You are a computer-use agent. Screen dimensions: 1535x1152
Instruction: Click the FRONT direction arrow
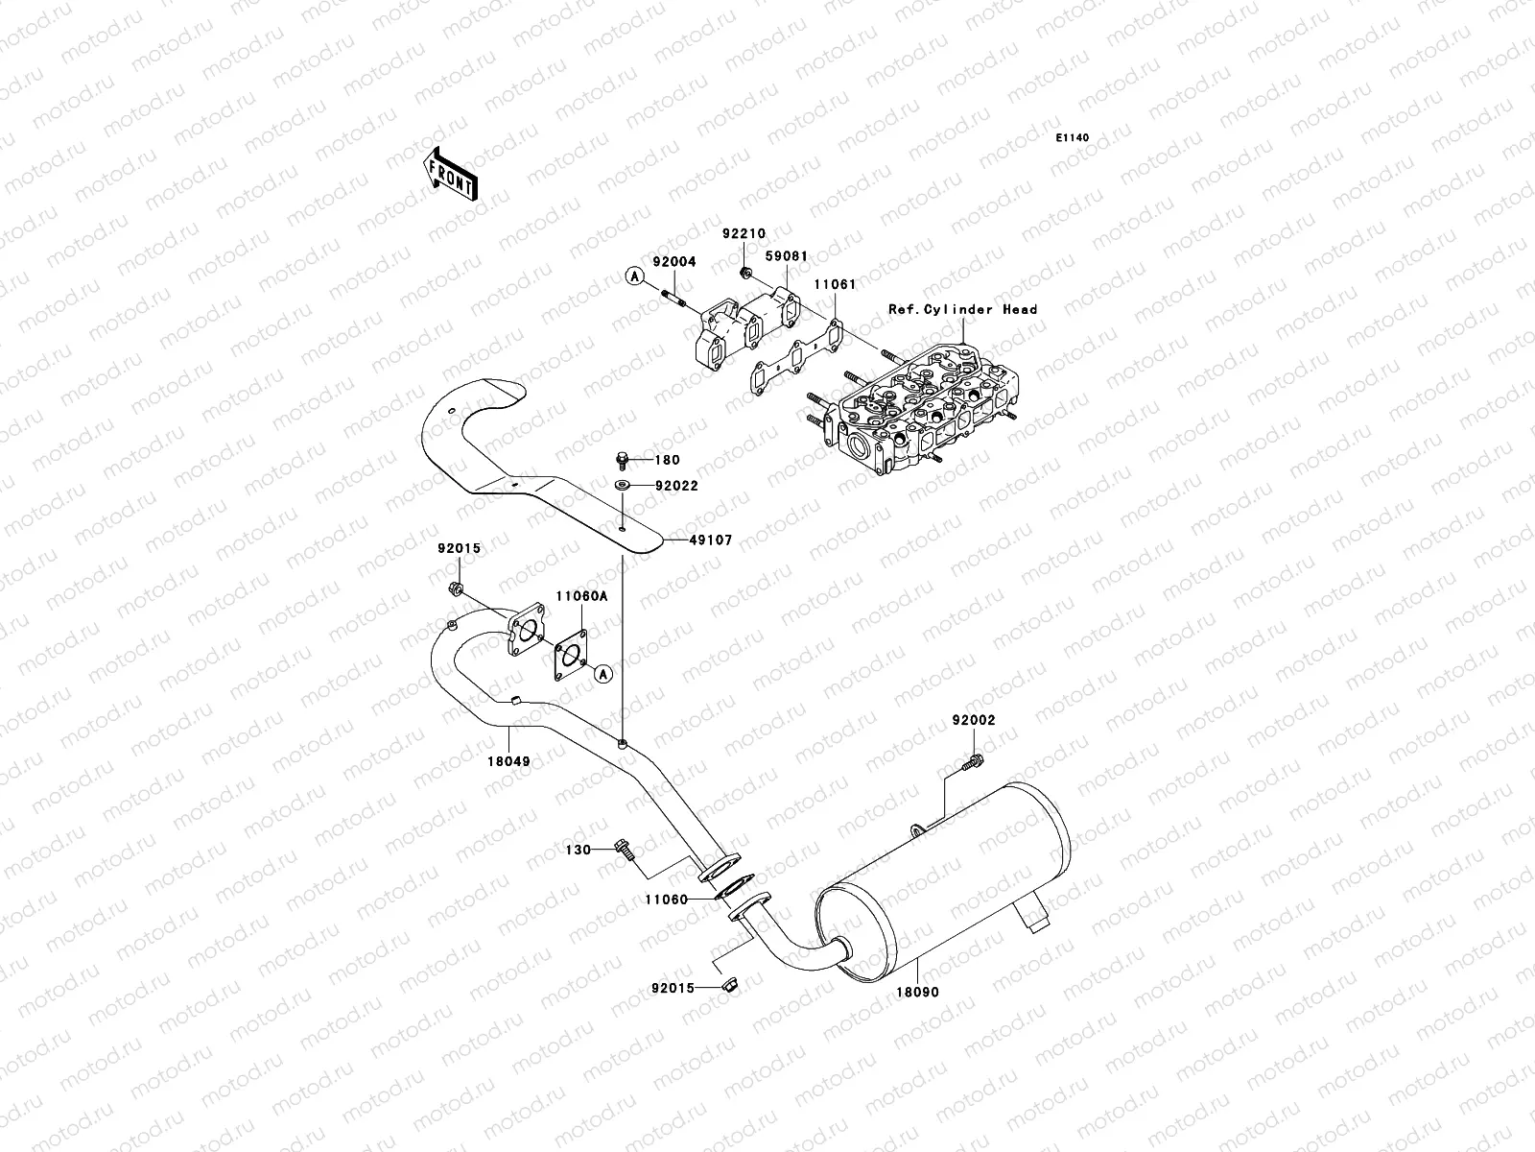point(450,174)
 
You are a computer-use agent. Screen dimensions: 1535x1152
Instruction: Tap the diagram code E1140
point(1072,138)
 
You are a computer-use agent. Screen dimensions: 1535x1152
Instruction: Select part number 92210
point(744,233)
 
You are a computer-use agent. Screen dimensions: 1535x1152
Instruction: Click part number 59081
point(787,256)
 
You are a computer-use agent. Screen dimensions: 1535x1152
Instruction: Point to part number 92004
point(674,261)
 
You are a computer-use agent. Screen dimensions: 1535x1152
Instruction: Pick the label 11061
point(835,284)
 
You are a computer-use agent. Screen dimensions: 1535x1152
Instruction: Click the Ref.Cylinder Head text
point(963,309)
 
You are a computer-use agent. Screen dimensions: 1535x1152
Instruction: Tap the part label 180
point(667,460)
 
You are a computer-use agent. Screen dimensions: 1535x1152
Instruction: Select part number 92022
point(677,486)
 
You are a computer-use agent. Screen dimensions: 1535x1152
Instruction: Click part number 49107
point(711,540)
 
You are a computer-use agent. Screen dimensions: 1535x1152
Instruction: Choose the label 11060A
point(581,596)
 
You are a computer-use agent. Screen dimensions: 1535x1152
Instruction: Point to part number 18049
point(509,761)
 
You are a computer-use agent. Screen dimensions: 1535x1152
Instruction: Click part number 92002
point(974,720)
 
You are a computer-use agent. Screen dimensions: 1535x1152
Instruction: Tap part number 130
point(579,850)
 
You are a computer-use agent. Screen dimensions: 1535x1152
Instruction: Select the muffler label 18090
point(918,992)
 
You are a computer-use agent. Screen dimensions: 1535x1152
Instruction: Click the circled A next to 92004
point(635,276)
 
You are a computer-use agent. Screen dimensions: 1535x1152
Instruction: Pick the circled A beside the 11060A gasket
point(602,674)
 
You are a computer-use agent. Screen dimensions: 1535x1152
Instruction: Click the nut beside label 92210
point(746,271)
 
